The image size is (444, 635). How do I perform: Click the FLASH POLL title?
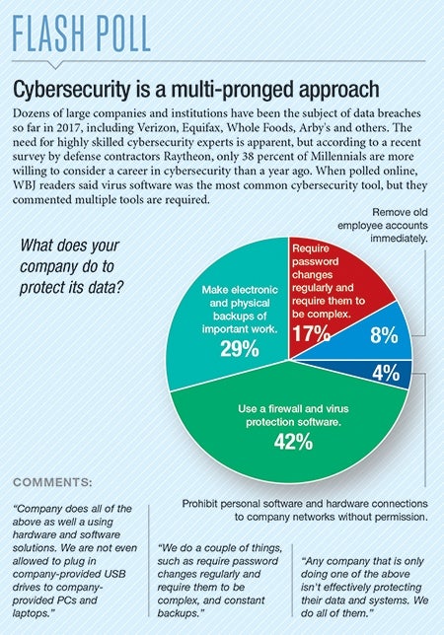coord(82,34)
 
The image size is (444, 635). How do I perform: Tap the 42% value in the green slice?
coord(293,442)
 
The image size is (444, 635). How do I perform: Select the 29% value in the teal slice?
coord(240,349)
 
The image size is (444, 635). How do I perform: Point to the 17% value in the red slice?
coord(311,333)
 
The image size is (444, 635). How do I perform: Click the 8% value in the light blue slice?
coord(384,335)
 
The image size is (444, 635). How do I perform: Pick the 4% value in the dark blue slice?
coord(386,373)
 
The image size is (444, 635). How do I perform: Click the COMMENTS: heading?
coord(52,482)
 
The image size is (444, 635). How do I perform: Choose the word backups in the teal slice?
coord(240,316)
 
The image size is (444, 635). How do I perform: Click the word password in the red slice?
coord(315,261)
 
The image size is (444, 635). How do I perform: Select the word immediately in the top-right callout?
coord(399,239)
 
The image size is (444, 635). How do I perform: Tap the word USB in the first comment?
coord(115,574)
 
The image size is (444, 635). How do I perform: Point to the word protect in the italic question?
coord(40,288)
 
